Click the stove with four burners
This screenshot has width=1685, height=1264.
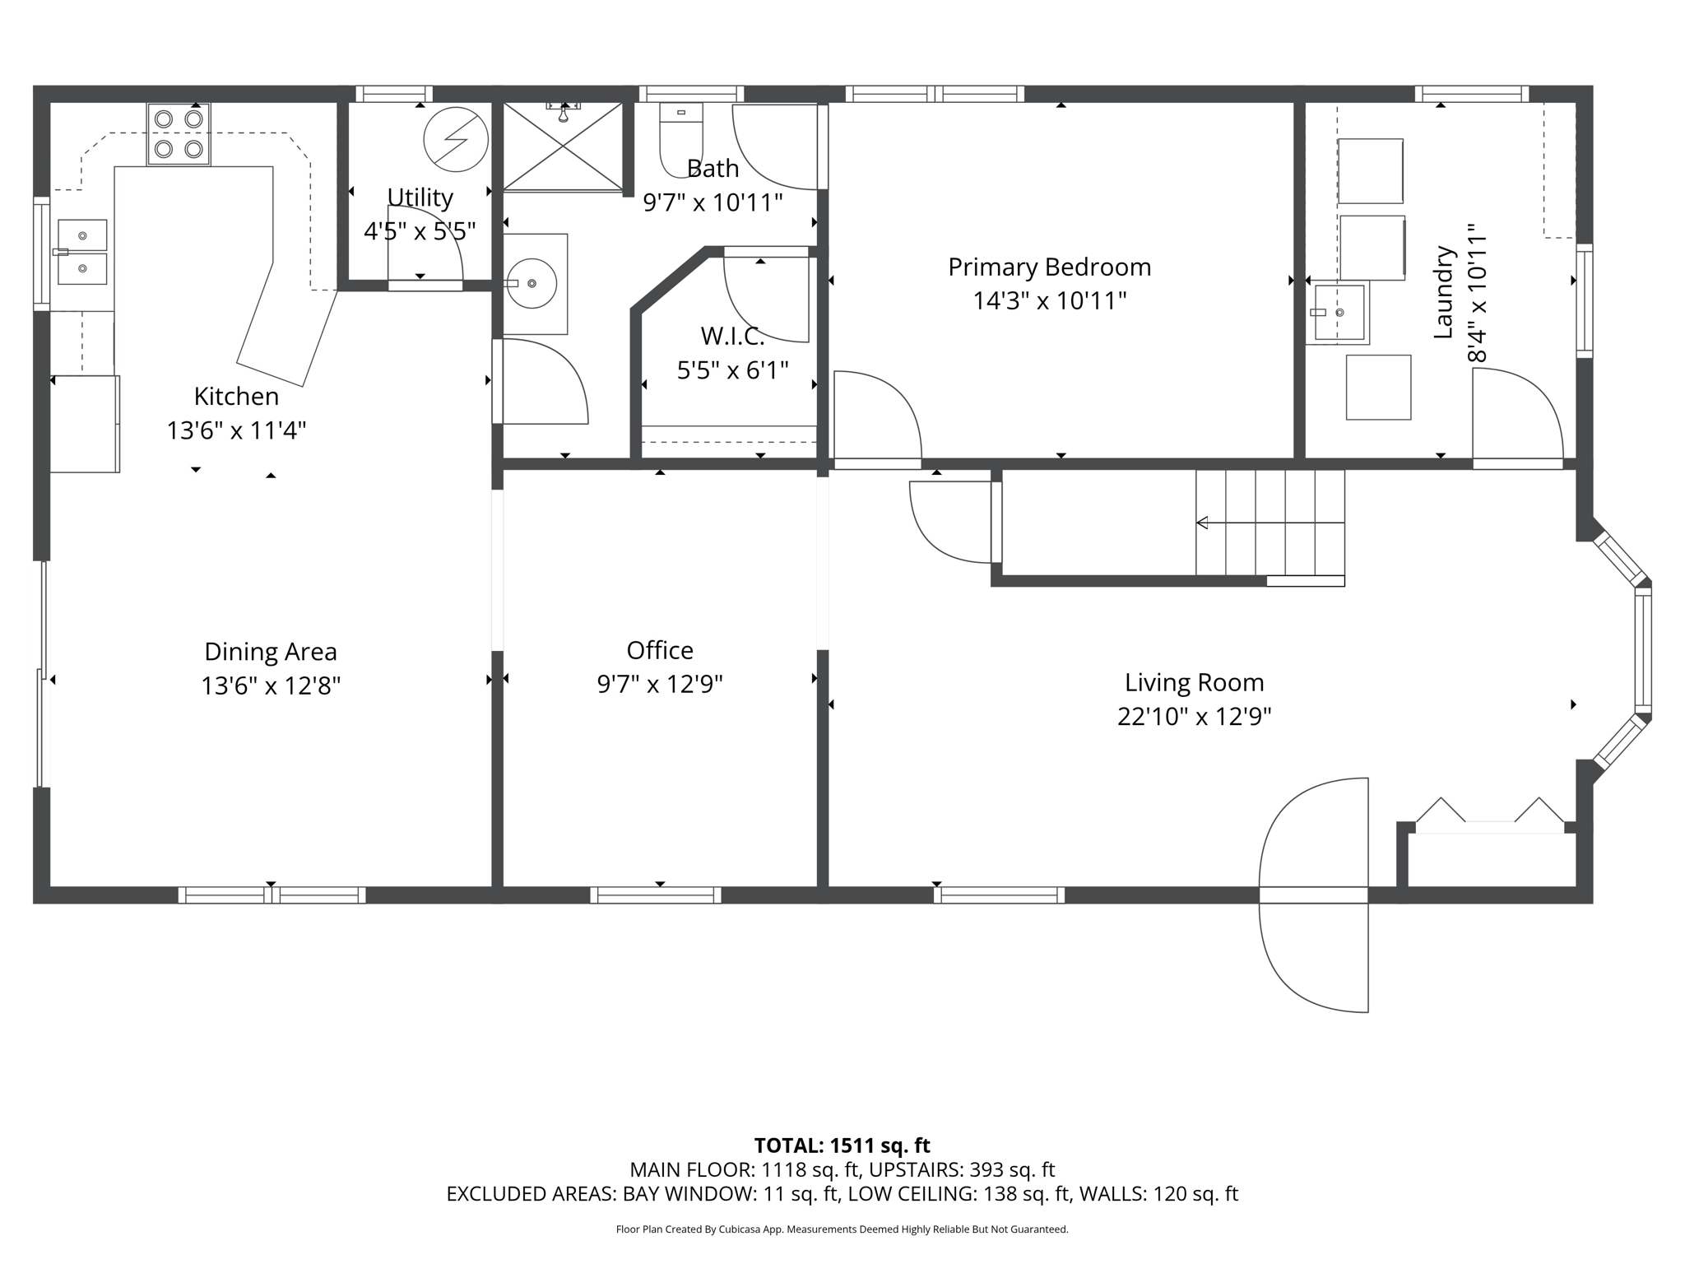[179, 134]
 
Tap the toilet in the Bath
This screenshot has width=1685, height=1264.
[680, 136]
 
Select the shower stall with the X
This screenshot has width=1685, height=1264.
[563, 146]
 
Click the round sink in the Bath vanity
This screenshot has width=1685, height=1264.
[531, 283]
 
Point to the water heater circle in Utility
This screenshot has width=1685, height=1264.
[455, 139]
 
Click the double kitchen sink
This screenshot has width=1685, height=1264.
[81, 252]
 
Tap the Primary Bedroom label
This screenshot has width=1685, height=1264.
[1049, 267]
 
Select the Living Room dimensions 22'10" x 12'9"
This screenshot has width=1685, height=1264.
[1194, 717]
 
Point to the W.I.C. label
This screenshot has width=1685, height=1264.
[732, 336]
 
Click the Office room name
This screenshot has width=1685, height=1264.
[660, 651]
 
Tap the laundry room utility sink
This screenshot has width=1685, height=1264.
[1339, 313]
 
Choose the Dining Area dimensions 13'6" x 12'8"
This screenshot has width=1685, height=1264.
[271, 685]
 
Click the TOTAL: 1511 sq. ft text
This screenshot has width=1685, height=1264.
[842, 1145]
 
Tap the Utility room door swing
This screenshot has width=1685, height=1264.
[425, 247]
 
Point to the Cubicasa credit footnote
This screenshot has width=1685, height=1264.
[842, 1229]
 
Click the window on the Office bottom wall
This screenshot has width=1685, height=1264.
[656, 895]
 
